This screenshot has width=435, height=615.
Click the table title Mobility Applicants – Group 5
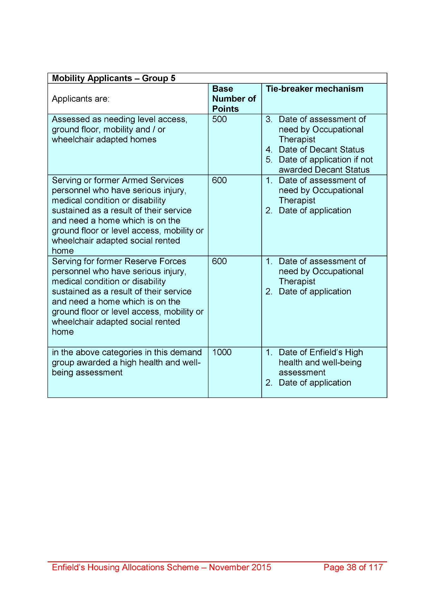114,78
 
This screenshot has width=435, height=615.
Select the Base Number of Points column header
234,99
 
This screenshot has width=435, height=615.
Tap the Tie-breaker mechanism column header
314,89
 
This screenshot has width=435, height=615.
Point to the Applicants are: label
80,99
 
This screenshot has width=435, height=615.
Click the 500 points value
219,119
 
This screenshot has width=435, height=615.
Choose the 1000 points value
222,352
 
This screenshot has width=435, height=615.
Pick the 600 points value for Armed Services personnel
219,180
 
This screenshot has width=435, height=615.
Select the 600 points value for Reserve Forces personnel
219,261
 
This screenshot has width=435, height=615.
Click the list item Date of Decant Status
321,150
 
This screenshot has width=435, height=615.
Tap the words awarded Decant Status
324,170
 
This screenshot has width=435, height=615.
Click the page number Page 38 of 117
353,567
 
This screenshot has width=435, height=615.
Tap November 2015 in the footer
240,567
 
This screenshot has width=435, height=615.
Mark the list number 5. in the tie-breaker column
269,160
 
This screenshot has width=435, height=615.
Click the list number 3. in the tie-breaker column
269,119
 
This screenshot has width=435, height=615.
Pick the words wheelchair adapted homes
104,139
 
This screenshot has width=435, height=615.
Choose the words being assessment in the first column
87,372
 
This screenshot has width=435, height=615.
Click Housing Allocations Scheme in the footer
143,567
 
